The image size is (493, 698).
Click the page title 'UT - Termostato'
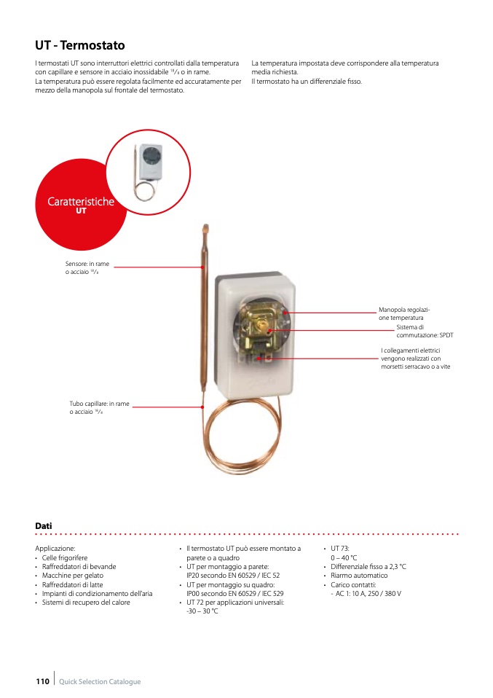(80, 45)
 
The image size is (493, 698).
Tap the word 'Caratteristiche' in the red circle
(81, 201)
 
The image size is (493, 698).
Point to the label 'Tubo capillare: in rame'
(99, 403)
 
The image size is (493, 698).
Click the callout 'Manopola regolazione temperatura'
(404, 314)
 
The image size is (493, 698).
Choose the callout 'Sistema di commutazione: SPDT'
(424, 332)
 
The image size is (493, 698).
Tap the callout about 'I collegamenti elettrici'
(415, 358)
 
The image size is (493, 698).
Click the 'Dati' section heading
(44, 525)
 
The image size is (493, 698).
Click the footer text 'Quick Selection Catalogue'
(100, 681)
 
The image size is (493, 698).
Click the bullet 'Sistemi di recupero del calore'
(86, 603)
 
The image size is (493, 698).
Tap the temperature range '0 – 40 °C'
(344, 557)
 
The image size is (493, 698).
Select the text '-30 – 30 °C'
(202, 611)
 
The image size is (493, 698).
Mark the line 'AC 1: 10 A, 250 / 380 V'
(368, 594)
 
